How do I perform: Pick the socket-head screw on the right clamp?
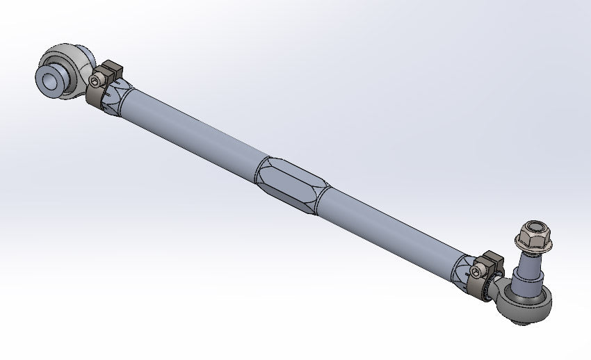tap(476, 270)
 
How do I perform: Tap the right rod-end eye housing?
tap(529, 300)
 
